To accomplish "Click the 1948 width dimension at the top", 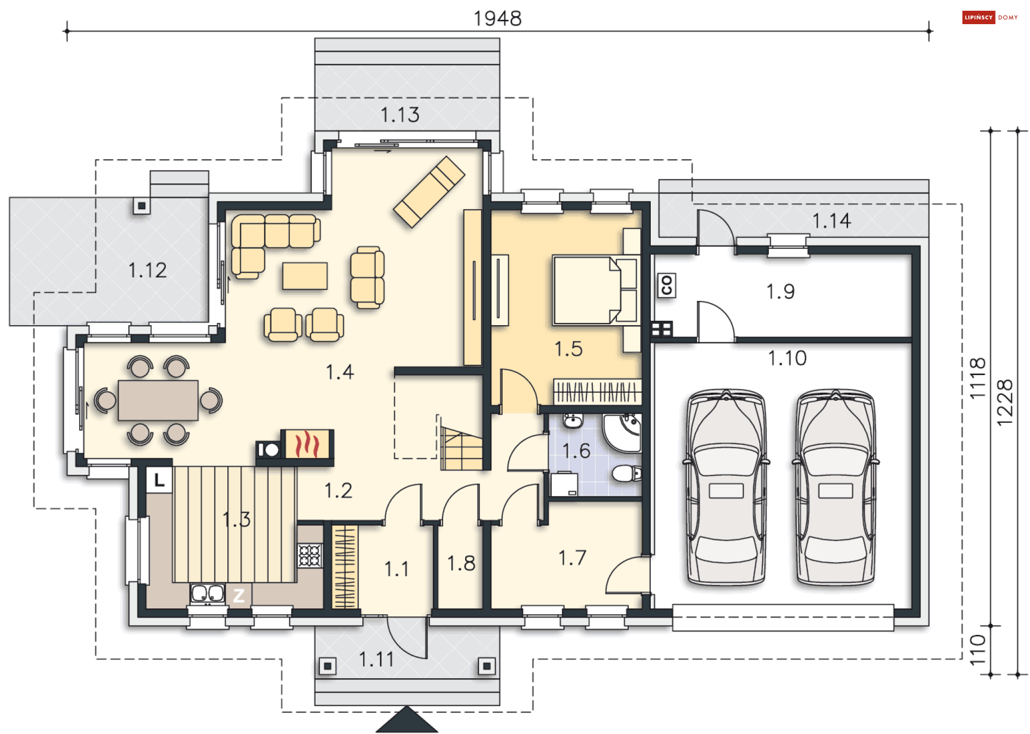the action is [497, 18].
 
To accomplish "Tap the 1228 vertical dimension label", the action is [1005, 402].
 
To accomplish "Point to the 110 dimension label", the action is [978, 649].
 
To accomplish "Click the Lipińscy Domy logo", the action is [990, 17].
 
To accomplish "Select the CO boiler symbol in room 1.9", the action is [666, 285].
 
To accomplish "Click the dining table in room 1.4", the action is [158, 400].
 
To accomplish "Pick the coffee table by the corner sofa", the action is [305, 276].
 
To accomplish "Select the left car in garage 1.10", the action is [726, 487].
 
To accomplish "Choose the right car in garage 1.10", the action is [835, 487].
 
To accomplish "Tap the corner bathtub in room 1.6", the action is [622, 432].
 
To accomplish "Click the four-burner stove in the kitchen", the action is [310, 555].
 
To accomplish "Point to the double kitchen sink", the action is [208, 593].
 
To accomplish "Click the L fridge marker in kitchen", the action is [159, 480].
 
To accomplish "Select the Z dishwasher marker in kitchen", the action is [239, 594].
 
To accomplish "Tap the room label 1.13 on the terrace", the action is [400, 115].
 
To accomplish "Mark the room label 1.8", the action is [461, 563].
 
